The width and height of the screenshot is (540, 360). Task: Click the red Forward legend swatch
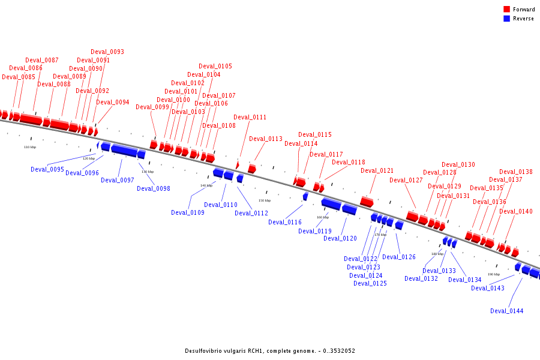(506, 10)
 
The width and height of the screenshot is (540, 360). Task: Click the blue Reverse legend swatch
(506, 19)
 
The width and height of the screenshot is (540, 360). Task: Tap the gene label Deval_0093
(107, 52)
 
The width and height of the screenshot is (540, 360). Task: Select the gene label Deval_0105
(215, 66)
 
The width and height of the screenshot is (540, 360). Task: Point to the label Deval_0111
(250, 117)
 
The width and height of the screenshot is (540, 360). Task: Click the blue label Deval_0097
(118, 180)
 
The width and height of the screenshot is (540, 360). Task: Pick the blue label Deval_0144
(507, 311)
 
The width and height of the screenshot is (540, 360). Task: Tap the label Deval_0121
(377, 170)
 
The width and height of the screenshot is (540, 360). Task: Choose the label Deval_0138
(516, 172)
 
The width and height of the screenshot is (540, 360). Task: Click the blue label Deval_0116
(285, 222)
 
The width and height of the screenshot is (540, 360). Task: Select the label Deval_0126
(399, 257)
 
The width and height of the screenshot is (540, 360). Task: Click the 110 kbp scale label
(30, 147)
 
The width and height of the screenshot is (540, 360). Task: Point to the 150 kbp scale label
(265, 200)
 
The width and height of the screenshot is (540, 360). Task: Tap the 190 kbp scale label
(494, 274)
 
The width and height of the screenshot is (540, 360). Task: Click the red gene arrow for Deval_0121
(367, 202)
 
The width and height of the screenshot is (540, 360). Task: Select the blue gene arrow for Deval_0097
(124, 150)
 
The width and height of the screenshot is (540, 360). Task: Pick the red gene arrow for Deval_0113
(252, 169)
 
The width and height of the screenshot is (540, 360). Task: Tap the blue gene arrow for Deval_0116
(305, 196)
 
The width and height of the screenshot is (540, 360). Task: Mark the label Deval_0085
(19, 77)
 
